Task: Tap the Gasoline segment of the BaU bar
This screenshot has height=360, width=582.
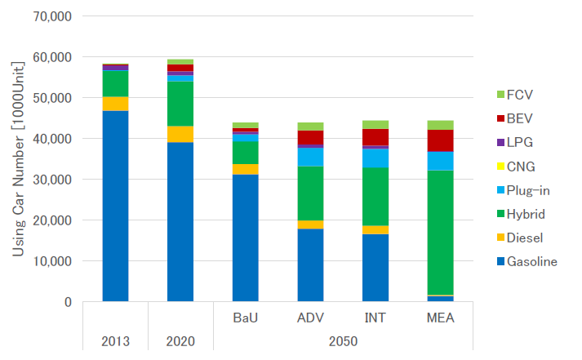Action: pos(245,238)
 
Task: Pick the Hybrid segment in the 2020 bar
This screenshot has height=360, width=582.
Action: pos(180,104)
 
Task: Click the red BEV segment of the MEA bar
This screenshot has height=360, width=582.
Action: pos(441,140)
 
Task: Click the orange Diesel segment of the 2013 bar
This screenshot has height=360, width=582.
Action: pos(115,104)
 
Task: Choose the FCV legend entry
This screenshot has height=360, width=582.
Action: pos(519,95)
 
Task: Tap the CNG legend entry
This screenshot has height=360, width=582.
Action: pos(519,167)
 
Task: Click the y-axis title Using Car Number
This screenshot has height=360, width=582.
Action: pos(17,158)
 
